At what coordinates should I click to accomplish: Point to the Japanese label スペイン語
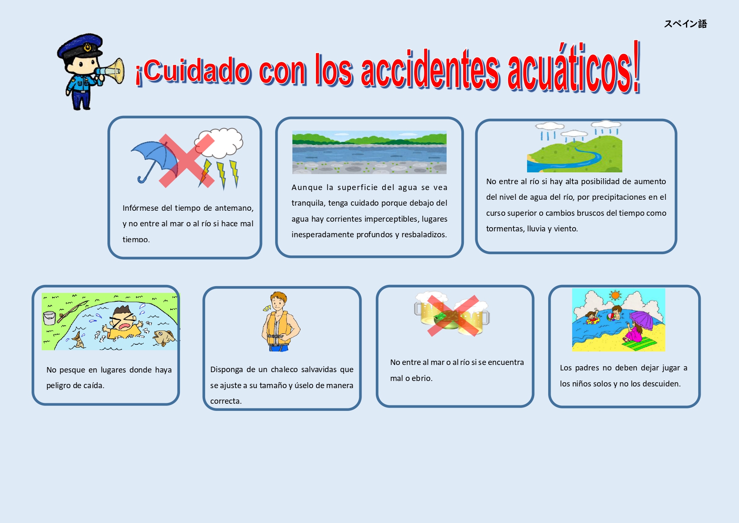685,24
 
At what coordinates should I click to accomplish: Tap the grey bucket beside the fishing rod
49,318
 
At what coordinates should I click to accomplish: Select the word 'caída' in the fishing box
94,386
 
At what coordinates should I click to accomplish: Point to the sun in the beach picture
616,295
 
